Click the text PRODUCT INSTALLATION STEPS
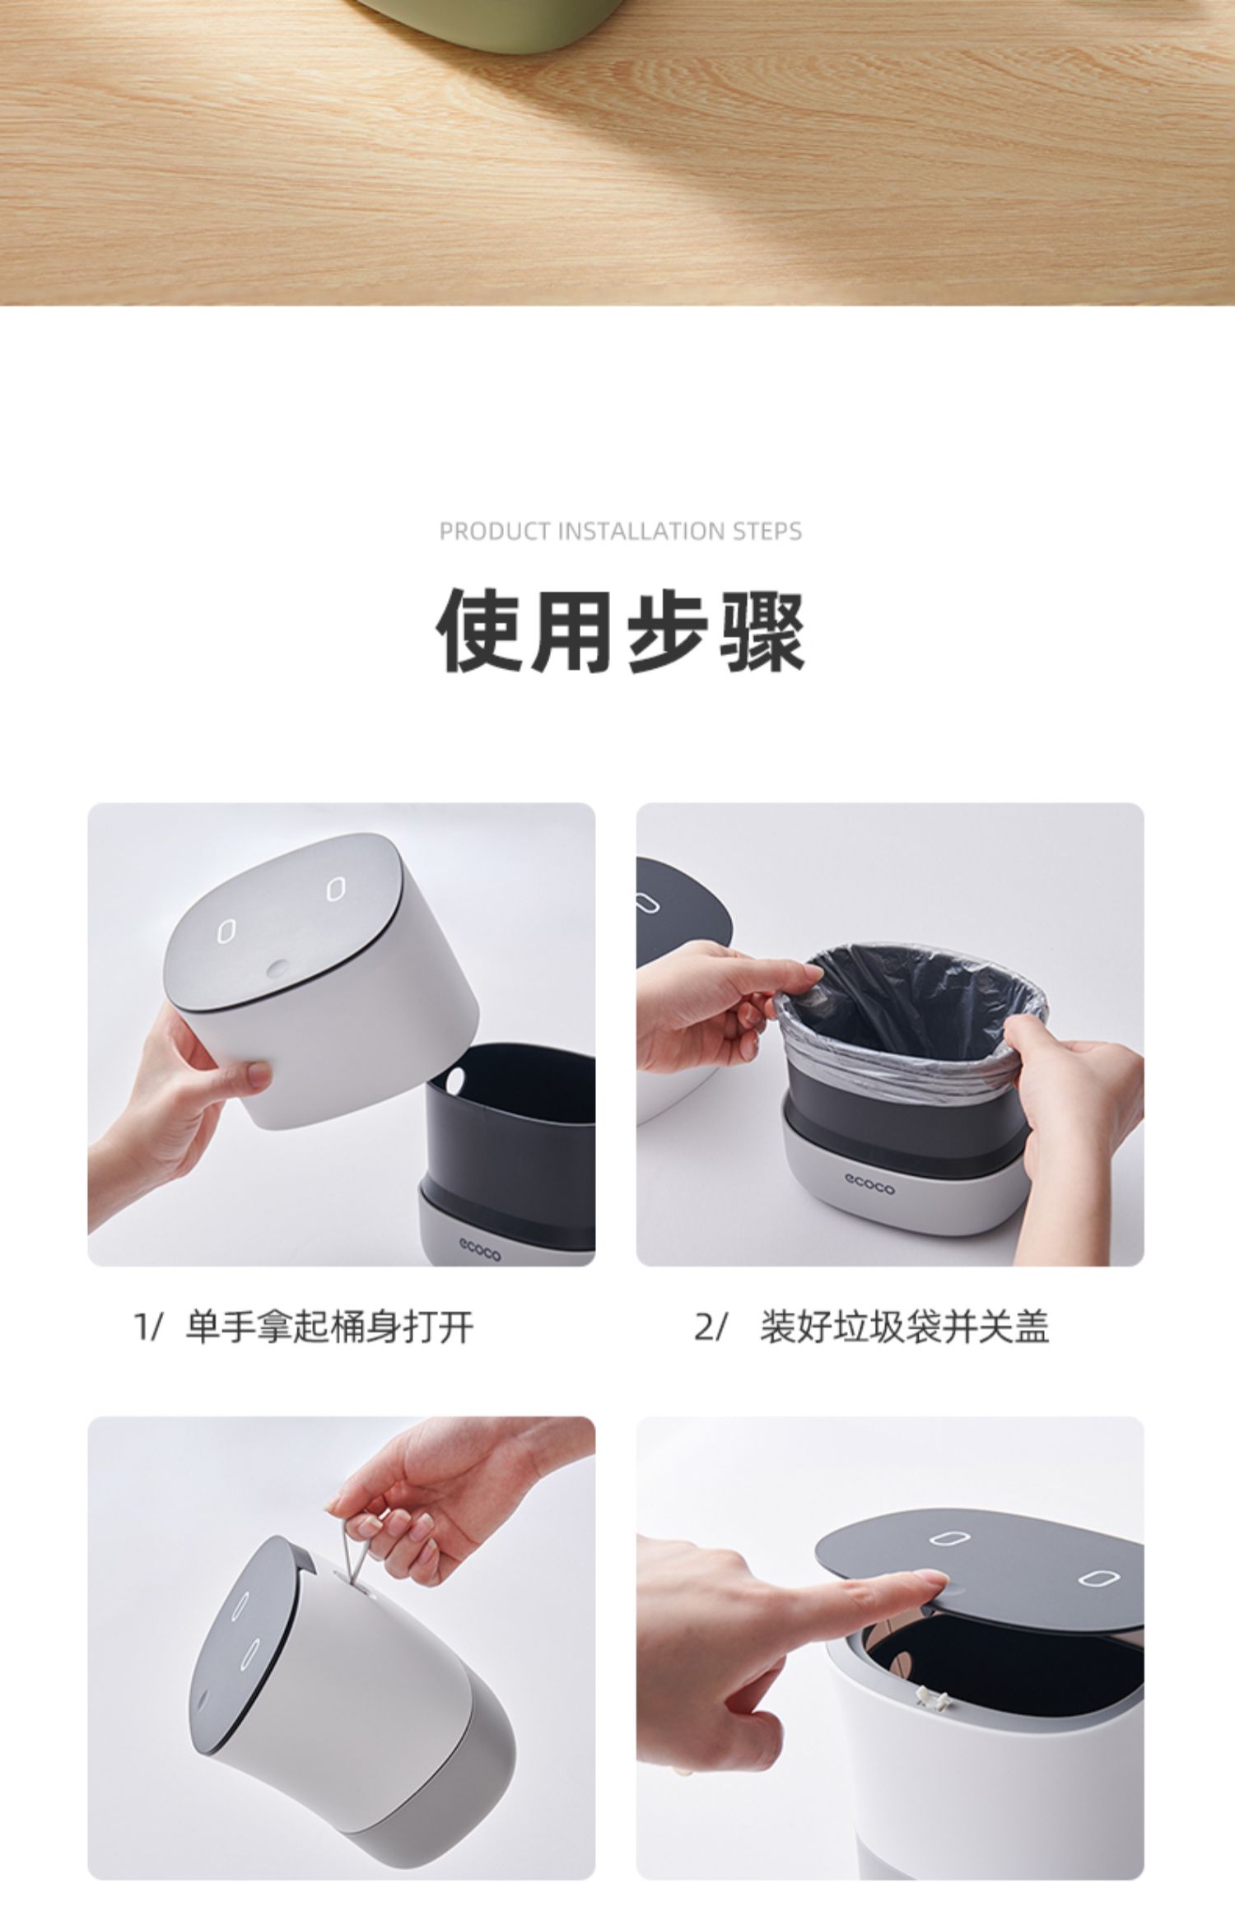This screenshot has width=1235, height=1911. (x=621, y=532)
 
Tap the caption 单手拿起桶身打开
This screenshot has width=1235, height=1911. (x=329, y=1327)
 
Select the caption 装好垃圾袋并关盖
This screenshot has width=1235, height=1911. (x=904, y=1327)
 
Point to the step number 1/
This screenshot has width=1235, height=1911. (x=149, y=1327)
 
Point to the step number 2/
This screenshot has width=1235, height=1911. (x=711, y=1327)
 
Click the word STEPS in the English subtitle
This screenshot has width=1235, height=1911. (x=767, y=532)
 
